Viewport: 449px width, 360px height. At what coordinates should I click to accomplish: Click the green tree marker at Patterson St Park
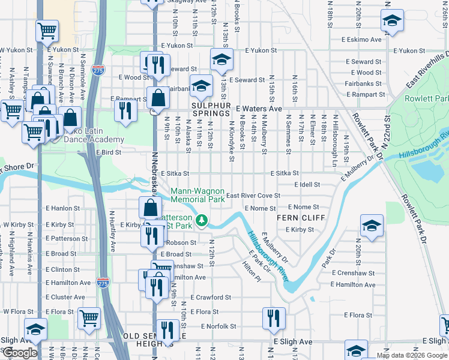203,221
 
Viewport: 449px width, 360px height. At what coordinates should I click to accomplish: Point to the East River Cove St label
253,196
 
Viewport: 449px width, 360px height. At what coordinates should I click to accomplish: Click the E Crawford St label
211,297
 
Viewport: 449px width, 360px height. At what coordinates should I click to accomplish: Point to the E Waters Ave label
259,109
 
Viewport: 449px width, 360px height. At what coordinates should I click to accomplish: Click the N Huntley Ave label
112,231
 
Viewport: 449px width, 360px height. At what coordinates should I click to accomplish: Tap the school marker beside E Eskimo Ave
392,22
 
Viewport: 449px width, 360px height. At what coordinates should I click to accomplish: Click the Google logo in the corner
20,353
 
